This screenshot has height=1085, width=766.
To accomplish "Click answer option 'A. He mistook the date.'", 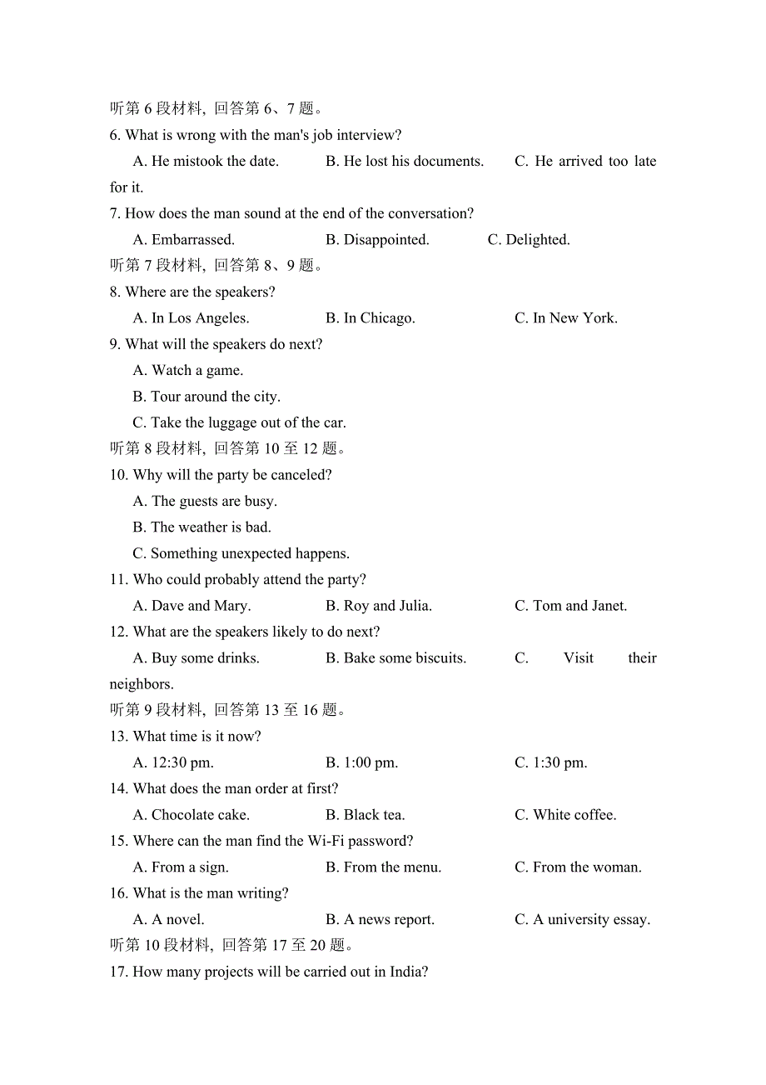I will pyautogui.click(x=206, y=162).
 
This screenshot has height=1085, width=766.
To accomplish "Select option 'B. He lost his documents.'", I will pyautogui.click(x=405, y=162).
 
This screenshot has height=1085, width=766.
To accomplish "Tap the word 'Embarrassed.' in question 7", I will pyautogui.click(x=193, y=240).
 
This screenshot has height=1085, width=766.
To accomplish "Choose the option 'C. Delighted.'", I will pyautogui.click(x=529, y=240).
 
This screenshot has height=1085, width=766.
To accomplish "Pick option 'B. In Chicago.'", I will pyautogui.click(x=371, y=318).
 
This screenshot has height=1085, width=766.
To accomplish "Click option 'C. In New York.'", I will pyautogui.click(x=566, y=318).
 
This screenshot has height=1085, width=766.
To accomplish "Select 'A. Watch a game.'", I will pyautogui.click(x=188, y=371).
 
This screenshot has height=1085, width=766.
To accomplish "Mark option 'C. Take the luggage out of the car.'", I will pyautogui.click(x=239, y=423).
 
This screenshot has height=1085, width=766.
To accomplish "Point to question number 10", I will pyautogui.click(x=118, y=475).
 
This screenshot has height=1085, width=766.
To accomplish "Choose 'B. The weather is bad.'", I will pyautogui.click(x=201, y=527).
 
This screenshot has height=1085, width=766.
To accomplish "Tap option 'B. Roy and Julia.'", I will pyautogui.click(x=379, y=606).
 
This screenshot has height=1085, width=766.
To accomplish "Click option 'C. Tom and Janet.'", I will pyautogui.click(x=570, y=606).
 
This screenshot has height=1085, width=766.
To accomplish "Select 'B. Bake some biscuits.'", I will pyautogui.click(x=395, y=658).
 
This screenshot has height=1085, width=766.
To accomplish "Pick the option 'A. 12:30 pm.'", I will pyautogui.click(x=173, y=762).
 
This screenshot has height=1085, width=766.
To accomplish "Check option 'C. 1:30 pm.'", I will pyautogui.click(x=551, y=762).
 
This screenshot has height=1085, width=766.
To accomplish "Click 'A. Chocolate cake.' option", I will pyautogui.click(x=191, y=815).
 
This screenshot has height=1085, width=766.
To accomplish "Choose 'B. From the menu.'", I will pyautogui.click(x=383, y=867).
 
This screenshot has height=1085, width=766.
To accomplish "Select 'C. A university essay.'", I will pyautogui.click(x=582, y=920).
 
